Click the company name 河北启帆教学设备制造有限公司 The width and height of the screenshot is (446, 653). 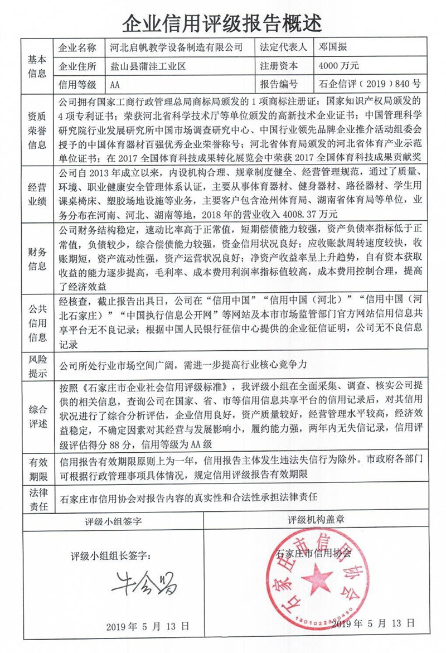[x=177, y=49]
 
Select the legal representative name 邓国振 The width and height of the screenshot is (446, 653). [x=333, y=49]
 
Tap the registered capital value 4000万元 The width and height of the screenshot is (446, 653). [x=339, y=66]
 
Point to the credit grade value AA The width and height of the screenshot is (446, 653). [x=115, y=85]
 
